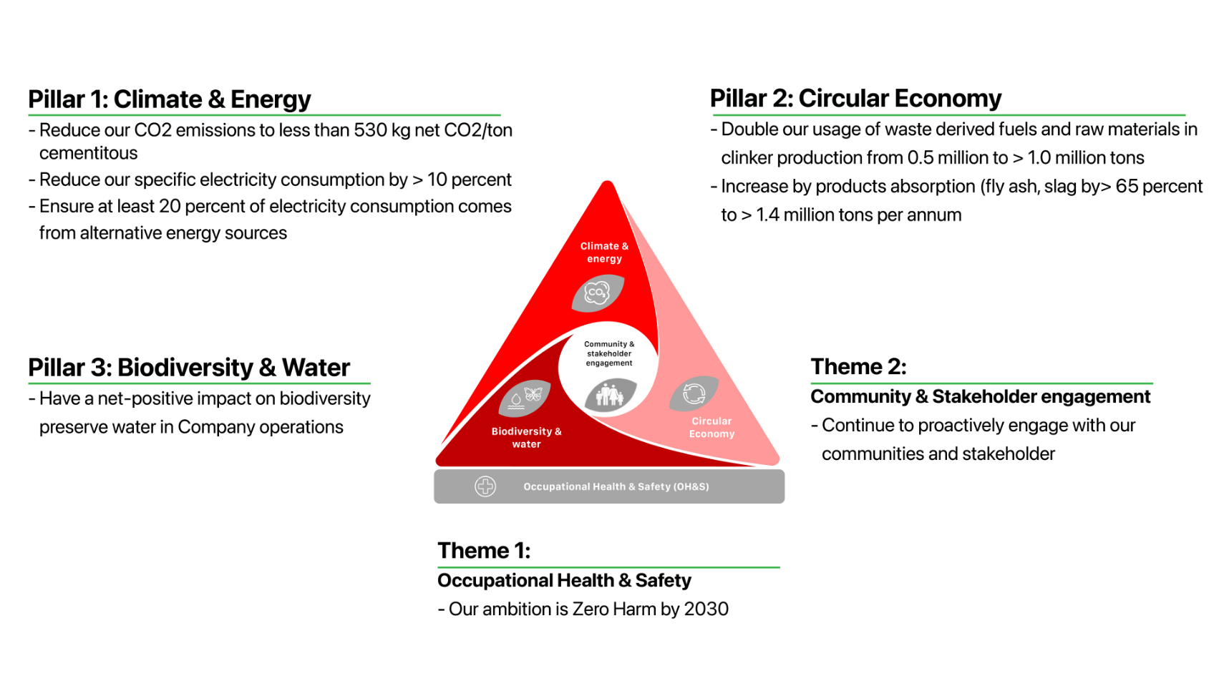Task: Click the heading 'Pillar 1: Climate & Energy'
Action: pyautogui.click(x=169, y=99)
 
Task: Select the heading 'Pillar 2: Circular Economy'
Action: pyautogui.click(x=855, y=99)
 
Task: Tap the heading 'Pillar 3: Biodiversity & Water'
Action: pyautogui.click(x=189, y=367)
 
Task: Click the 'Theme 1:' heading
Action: pyautogui.click(x=484, y=551)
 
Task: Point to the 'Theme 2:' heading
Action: pyautogui.click(x=858, y=367)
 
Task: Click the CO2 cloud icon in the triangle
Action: pyautogui.click(x=598, y=293)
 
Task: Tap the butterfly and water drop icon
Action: pyautogui.click(x=524, y=398)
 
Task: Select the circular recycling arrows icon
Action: pyautogui.click(x=694, y=393)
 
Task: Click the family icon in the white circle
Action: pyautogui.click(x=610, y=394)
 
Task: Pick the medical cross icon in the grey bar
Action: pyautogui.click(x=485, y=486)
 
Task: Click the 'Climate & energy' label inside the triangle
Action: pyautogui.click(x=604, y=253)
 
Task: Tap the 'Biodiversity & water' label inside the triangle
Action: pyautogui.click(x=526, y=437)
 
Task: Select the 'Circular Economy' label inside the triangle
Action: pyautogui.click(x=712, y=427)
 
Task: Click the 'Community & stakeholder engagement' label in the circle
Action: pyautogui.click(x=609, y=353)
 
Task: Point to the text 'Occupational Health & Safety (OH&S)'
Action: pyautogui.click(x=616, y=486)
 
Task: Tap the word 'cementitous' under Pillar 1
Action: pyautogui.click(x=88, y=153)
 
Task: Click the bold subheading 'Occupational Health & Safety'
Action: pyautogui.click(x=564, y=580)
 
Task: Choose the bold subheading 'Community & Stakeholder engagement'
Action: pyautogui.click(x=981, y=396)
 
